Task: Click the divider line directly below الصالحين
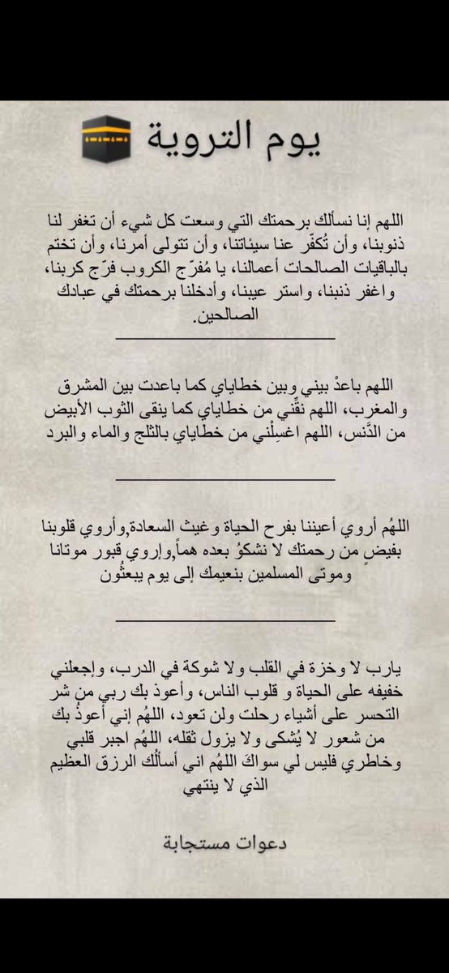pyautogui.click(x=225, y=338)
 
